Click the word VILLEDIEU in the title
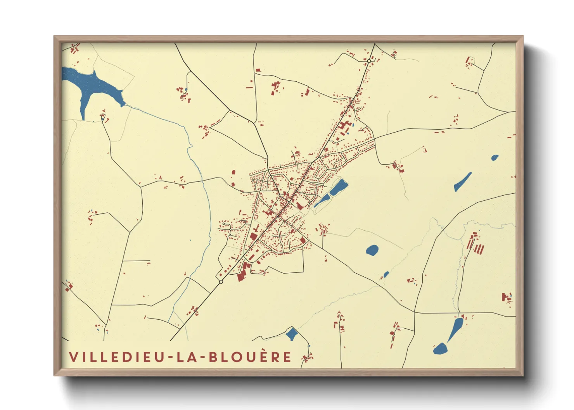click(117, 357)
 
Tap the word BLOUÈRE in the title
click(250, 357)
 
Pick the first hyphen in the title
click(169, 357)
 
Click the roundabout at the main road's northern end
click(369, 61)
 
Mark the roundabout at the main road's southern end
click(221, 282)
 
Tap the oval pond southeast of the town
click(372, 250)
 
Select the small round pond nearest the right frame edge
click(494, 158)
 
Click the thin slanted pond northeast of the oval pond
click(463, 182)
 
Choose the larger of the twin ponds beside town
click(338, 188)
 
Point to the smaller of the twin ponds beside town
click(322, 200)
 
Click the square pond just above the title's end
click(292, 334)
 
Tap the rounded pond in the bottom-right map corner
click(440, 348)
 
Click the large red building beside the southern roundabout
click(243, 271)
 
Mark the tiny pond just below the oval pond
click(386, 275)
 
